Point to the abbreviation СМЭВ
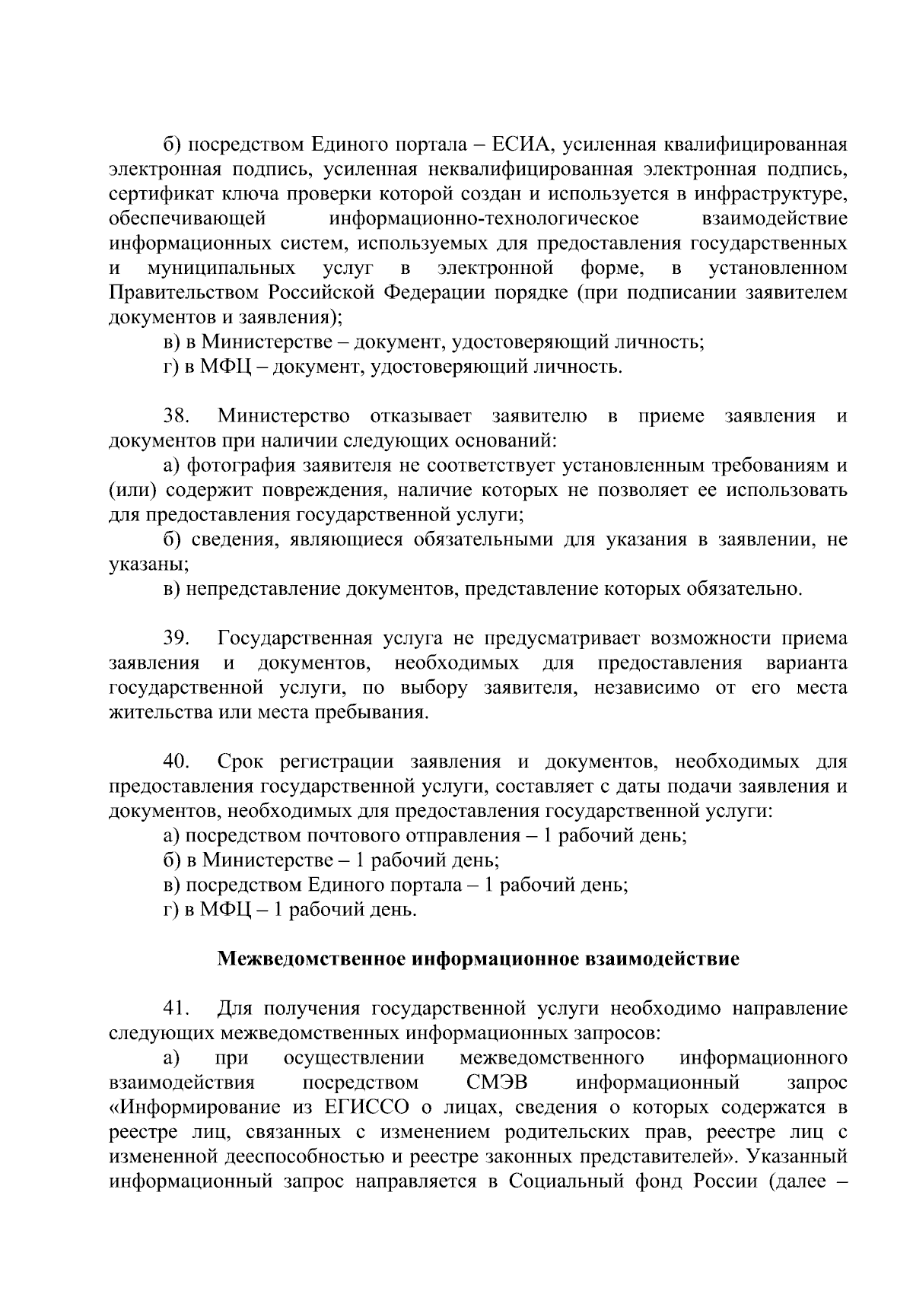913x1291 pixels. point(497,1083)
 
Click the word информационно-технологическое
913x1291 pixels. point(485,218)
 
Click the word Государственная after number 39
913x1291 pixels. point(294,638)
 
